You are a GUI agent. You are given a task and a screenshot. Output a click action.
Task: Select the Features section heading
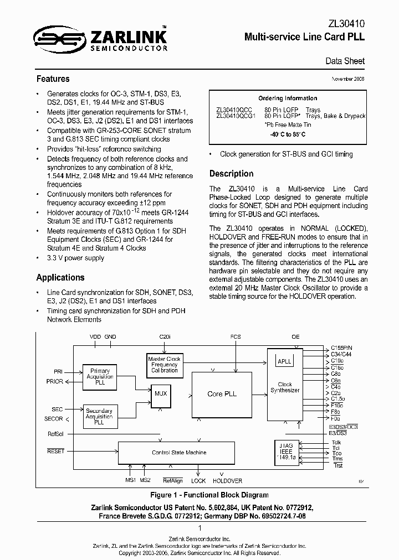click(x=53, y=79)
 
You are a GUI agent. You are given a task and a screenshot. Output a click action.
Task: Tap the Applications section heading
click(x=60, y=278)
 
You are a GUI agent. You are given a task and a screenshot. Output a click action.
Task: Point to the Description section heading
click(x=231, y=174)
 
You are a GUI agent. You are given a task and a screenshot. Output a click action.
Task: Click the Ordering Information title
click(x=288, y=98)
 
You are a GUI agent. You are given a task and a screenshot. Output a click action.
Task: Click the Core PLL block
click(x=222, y=394)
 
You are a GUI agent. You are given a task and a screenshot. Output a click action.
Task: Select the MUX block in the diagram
click(x=161, y=393)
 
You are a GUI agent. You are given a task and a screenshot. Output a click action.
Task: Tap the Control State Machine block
click(x=179, y=453)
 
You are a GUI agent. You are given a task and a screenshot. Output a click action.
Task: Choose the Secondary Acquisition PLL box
click(x=99, y=416)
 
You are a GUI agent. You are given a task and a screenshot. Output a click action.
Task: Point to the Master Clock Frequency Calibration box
click(x=165, y=365)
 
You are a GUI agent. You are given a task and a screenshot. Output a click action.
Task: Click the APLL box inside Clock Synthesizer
click(x=284, y=361)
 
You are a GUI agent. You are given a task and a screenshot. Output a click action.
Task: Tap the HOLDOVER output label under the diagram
click(x=227, y=481)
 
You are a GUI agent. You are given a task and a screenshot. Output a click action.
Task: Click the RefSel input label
click(x=56, y=434)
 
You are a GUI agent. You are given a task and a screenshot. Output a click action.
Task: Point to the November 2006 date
click(x=348, y=80)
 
